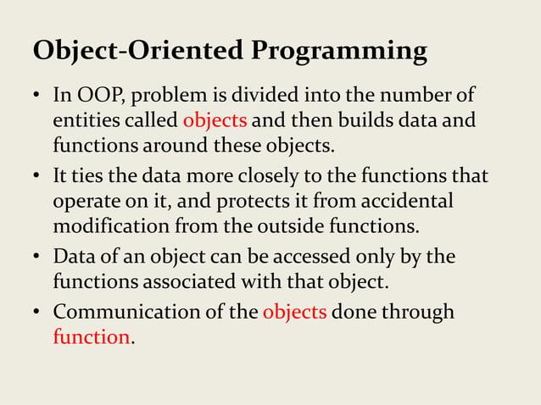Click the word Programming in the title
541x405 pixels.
coord(337,53)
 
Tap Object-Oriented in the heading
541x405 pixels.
coord(138,51)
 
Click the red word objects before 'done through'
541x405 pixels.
coord(294,313)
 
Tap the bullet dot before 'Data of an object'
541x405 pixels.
coord(37,254)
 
